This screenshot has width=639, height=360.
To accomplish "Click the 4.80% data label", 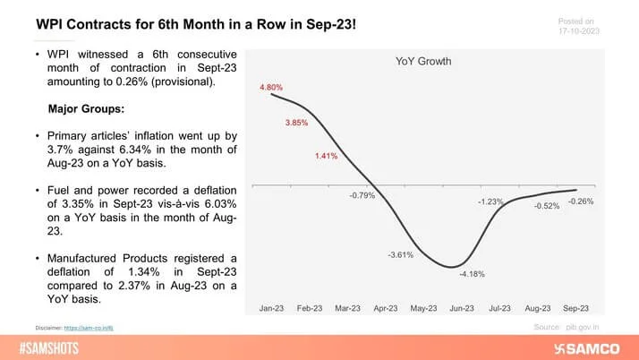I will tap(271, 87).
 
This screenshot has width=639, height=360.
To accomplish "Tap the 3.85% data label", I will tap(297, 122).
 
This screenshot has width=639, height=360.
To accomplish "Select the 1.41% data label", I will tap(326, 156).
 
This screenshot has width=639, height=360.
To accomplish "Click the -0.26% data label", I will tap(580, 201).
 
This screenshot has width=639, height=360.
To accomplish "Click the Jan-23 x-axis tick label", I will tap(271, 308).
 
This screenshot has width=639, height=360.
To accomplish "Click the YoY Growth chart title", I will tap(423, 62).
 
